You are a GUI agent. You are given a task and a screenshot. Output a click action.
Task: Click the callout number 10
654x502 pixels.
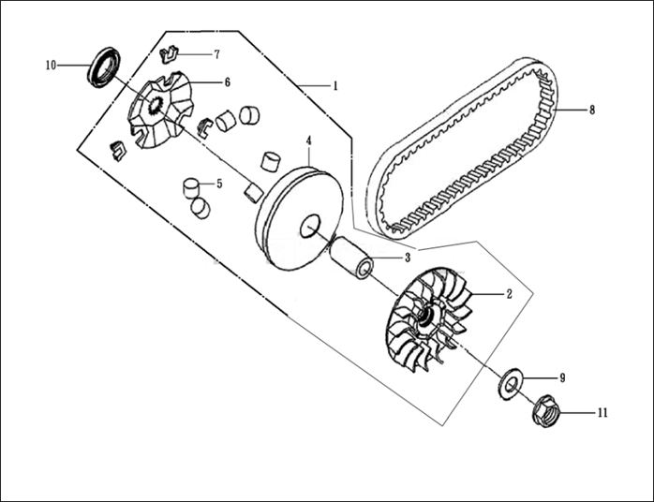point(51,65)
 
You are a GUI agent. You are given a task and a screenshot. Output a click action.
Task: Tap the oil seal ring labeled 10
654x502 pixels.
point(104,66)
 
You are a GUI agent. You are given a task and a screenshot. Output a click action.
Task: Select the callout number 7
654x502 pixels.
point(216,54)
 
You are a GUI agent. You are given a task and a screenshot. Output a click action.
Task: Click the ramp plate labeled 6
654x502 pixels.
point(158,111)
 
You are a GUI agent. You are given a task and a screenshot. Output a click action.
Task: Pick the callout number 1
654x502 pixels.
point(334,85)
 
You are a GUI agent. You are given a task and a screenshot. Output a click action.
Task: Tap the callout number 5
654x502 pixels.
point(219,184)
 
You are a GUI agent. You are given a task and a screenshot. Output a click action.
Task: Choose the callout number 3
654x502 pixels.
point(407,258)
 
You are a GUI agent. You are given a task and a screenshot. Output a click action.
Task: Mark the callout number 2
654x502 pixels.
point(508,294)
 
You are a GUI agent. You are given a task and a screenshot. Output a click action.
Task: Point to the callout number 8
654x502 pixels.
point(591,110)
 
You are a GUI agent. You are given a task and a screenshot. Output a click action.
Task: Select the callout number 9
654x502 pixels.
point(561,377)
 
